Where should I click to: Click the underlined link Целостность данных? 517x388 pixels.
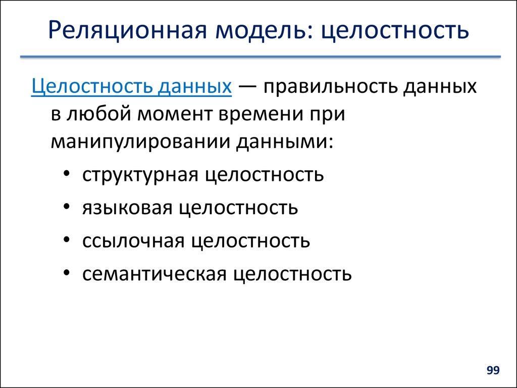pos(131,86)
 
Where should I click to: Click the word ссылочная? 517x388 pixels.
pos(133,241)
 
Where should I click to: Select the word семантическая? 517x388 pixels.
pos(153,274)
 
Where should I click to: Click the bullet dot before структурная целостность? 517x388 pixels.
pos(68,174)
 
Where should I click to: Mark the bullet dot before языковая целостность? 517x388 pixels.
pos(68,208)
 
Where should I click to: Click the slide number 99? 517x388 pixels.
pos(493,371)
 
